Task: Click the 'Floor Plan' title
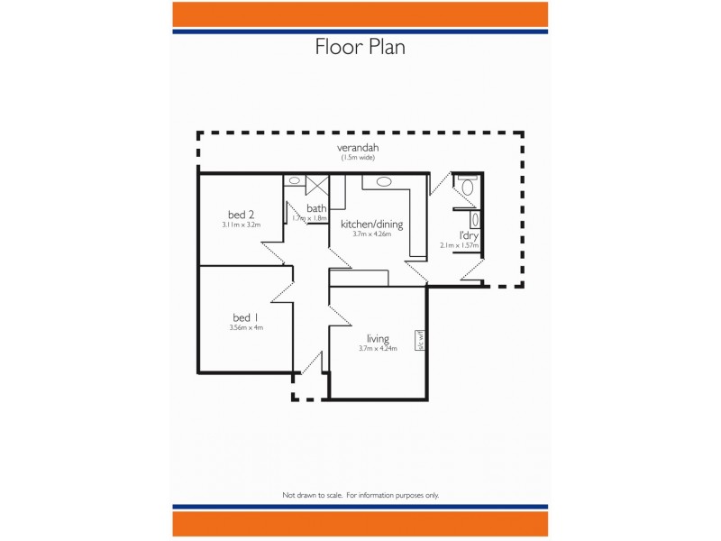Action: [360, 47]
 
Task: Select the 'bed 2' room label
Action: [241, 214]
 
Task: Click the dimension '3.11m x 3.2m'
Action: [241, 225]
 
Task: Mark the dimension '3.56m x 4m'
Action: [246, 328]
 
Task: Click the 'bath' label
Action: [316, 208]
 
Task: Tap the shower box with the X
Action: [316, 185]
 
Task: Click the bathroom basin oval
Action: [295, 181]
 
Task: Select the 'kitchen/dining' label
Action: [371, 224]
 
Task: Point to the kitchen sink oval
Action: [384, 181]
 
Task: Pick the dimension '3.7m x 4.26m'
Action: [371, 234]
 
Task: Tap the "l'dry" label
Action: [469, 235]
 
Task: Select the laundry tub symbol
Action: [475, 219]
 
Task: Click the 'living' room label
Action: [378, 338]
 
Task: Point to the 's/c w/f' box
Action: [420, 341]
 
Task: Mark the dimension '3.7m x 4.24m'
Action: [378, 349]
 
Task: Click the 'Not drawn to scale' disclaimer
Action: [360, 495]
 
